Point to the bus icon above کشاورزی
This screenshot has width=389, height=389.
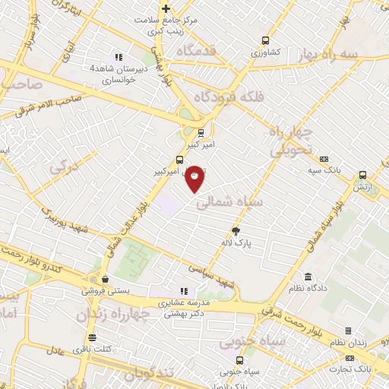tap(265, 41)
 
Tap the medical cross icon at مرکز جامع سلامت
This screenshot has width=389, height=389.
tap(166, 9)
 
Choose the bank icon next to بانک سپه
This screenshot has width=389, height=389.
tap(325, 160)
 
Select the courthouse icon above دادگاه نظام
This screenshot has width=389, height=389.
tap(308, 277)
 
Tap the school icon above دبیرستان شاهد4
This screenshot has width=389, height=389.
tap(118, 56)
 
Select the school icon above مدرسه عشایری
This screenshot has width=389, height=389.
tap(182, 290)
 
